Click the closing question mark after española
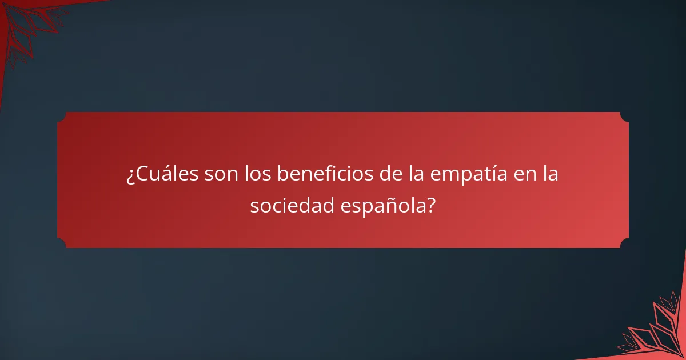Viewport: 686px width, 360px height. pos(430,205)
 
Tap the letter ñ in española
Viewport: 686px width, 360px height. pos(390,205)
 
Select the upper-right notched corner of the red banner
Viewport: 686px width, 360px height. pos(624,117)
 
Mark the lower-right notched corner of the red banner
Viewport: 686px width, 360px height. pos(624,243)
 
